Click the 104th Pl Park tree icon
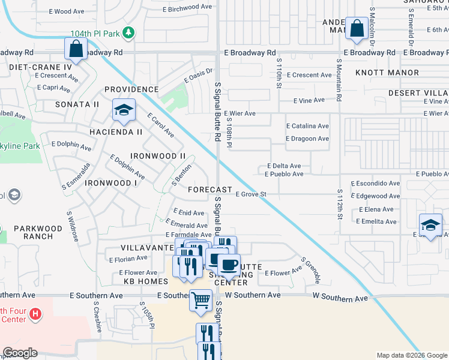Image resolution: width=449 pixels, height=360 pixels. (127, 32)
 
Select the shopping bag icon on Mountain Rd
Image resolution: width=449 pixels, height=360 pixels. (357, 28)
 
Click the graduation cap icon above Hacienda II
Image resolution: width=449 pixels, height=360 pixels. (123, 110)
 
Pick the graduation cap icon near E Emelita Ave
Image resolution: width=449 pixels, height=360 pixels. (430, 225)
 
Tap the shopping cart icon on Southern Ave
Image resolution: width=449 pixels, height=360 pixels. (201, 299)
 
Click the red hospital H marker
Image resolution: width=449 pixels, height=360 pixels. (35, 313)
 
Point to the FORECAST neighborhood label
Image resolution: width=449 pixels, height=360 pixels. (209, 189)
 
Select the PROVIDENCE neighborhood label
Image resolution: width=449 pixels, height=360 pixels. (131, 89)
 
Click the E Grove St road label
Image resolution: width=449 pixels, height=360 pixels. (250, 194)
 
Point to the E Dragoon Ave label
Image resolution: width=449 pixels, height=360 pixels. (307, 139)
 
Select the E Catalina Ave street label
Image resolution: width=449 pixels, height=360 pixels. (307, 126)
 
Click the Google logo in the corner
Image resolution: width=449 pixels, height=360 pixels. (20, 353)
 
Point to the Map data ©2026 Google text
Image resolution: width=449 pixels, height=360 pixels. (411, 355)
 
